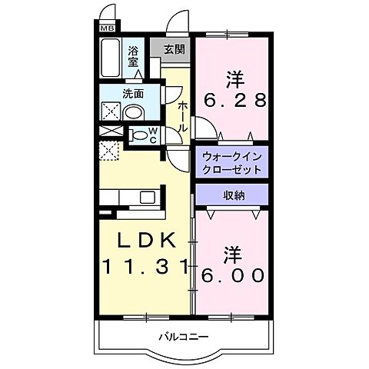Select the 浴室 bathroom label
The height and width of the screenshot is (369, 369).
pyautogui.click(x=134, y=56)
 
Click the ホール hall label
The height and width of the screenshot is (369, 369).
pyautogui.click(x=183, y=115)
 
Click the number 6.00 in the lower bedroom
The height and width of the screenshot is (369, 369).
pyautogui.click(x=234, y=274)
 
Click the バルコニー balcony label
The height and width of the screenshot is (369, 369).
pyautogui.click(x=184, y=337)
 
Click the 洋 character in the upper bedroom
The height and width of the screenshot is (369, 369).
pyautogui.click(x=234, y=78)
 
